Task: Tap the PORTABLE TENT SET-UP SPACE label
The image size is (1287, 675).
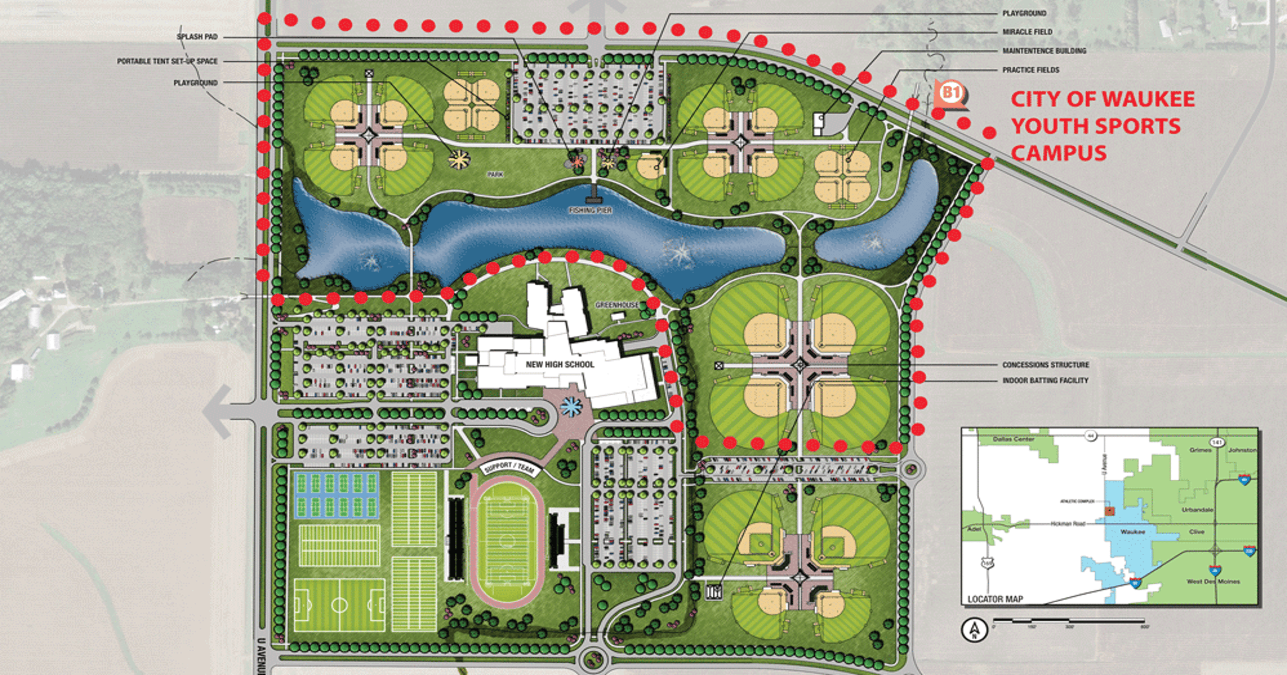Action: (x=167, y=61)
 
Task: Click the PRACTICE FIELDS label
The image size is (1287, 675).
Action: (x=1031, y=70)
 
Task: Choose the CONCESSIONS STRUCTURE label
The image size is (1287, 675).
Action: (x=1046, y=365)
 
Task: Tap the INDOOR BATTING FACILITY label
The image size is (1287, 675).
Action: (x=1045, y=380)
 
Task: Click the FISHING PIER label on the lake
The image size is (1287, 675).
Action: (x=590, y=210)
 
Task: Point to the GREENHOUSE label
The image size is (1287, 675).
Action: (x=617, y=305)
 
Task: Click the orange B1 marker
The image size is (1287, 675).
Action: (x=951, y=93)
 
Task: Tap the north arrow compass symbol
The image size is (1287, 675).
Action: (x=974, y=630)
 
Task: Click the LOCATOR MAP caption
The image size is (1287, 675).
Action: (x=995, y=599)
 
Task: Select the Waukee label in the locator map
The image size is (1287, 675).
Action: (x=1132, y=532)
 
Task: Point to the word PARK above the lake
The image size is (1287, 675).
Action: (x=495, y=175)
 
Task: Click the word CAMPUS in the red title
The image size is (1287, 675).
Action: (x=1059, y=153)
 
